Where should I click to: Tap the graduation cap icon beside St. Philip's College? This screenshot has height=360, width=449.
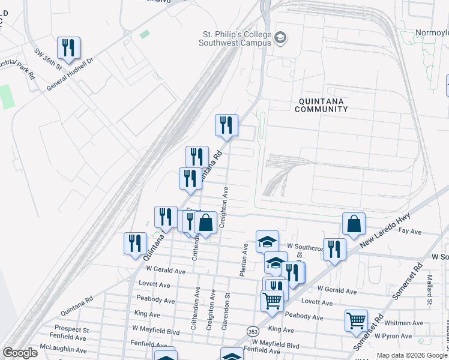[x=280, y=39]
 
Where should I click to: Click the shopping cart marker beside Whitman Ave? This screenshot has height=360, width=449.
[x=356, y=321]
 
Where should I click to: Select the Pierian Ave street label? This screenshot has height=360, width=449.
[x=245, y=259]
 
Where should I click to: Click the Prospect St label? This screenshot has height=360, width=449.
[x=71, y=329]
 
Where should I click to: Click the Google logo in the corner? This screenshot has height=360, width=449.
[x=20, y=353]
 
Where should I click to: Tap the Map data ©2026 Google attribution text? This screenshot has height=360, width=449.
[x=411, y=355]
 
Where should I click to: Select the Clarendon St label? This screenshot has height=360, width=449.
[x=228, y=304]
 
